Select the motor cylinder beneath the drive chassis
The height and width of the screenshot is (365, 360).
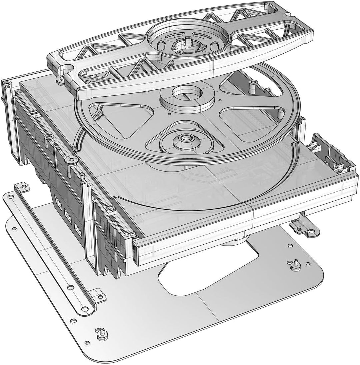pos(235,240)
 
